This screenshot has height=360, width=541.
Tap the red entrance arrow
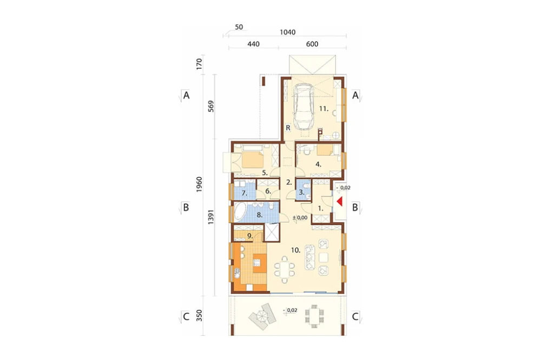point(340,202)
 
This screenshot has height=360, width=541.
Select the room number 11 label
point(324,109)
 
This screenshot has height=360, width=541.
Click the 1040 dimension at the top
point(287,32)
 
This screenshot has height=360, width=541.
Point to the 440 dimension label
point(253,44)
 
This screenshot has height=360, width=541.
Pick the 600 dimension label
point(312,44)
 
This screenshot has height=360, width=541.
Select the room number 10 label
point(296,250)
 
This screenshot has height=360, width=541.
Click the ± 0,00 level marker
point(300,218)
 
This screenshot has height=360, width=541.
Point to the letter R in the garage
point(288,128)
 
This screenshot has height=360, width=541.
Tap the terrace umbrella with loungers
point(261,316)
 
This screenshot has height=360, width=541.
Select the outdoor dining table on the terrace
point(314,316)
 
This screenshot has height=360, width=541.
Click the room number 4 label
point(318,164)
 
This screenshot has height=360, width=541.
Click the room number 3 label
point(301,192)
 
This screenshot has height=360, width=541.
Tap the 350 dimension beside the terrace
point(199,316)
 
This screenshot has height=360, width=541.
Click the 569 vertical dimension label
point(211,106)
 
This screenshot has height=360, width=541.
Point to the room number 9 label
point(250,236)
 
